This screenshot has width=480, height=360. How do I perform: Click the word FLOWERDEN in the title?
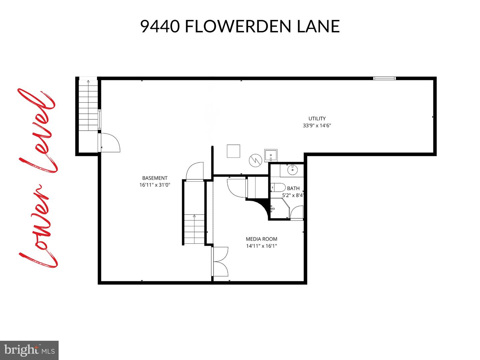coord(238,26)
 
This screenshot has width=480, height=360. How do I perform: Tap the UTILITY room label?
coord(317,118)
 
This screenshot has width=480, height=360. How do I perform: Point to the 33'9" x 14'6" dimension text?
coord(317,126)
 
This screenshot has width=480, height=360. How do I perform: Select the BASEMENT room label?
coord(155,178)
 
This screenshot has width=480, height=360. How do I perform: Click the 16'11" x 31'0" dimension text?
coord(155,185)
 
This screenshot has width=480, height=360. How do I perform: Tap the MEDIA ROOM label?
coord(261,239)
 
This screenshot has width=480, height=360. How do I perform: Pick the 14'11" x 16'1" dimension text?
coord(261,246)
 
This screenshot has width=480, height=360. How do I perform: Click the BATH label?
coord(293,188)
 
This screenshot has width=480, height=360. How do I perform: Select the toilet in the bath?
coord(277,187)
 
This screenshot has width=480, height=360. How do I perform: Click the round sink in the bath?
coord(292,170)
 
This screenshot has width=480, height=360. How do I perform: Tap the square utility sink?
coord(271,155)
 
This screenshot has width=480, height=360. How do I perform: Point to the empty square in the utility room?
coord(233,151)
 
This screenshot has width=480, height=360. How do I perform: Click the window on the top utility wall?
coord(384,78)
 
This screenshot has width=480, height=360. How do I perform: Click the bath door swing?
coord(297,212)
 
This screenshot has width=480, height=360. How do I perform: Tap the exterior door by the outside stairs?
coord(109,143)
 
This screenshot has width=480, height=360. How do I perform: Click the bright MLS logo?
coord(29,350)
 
